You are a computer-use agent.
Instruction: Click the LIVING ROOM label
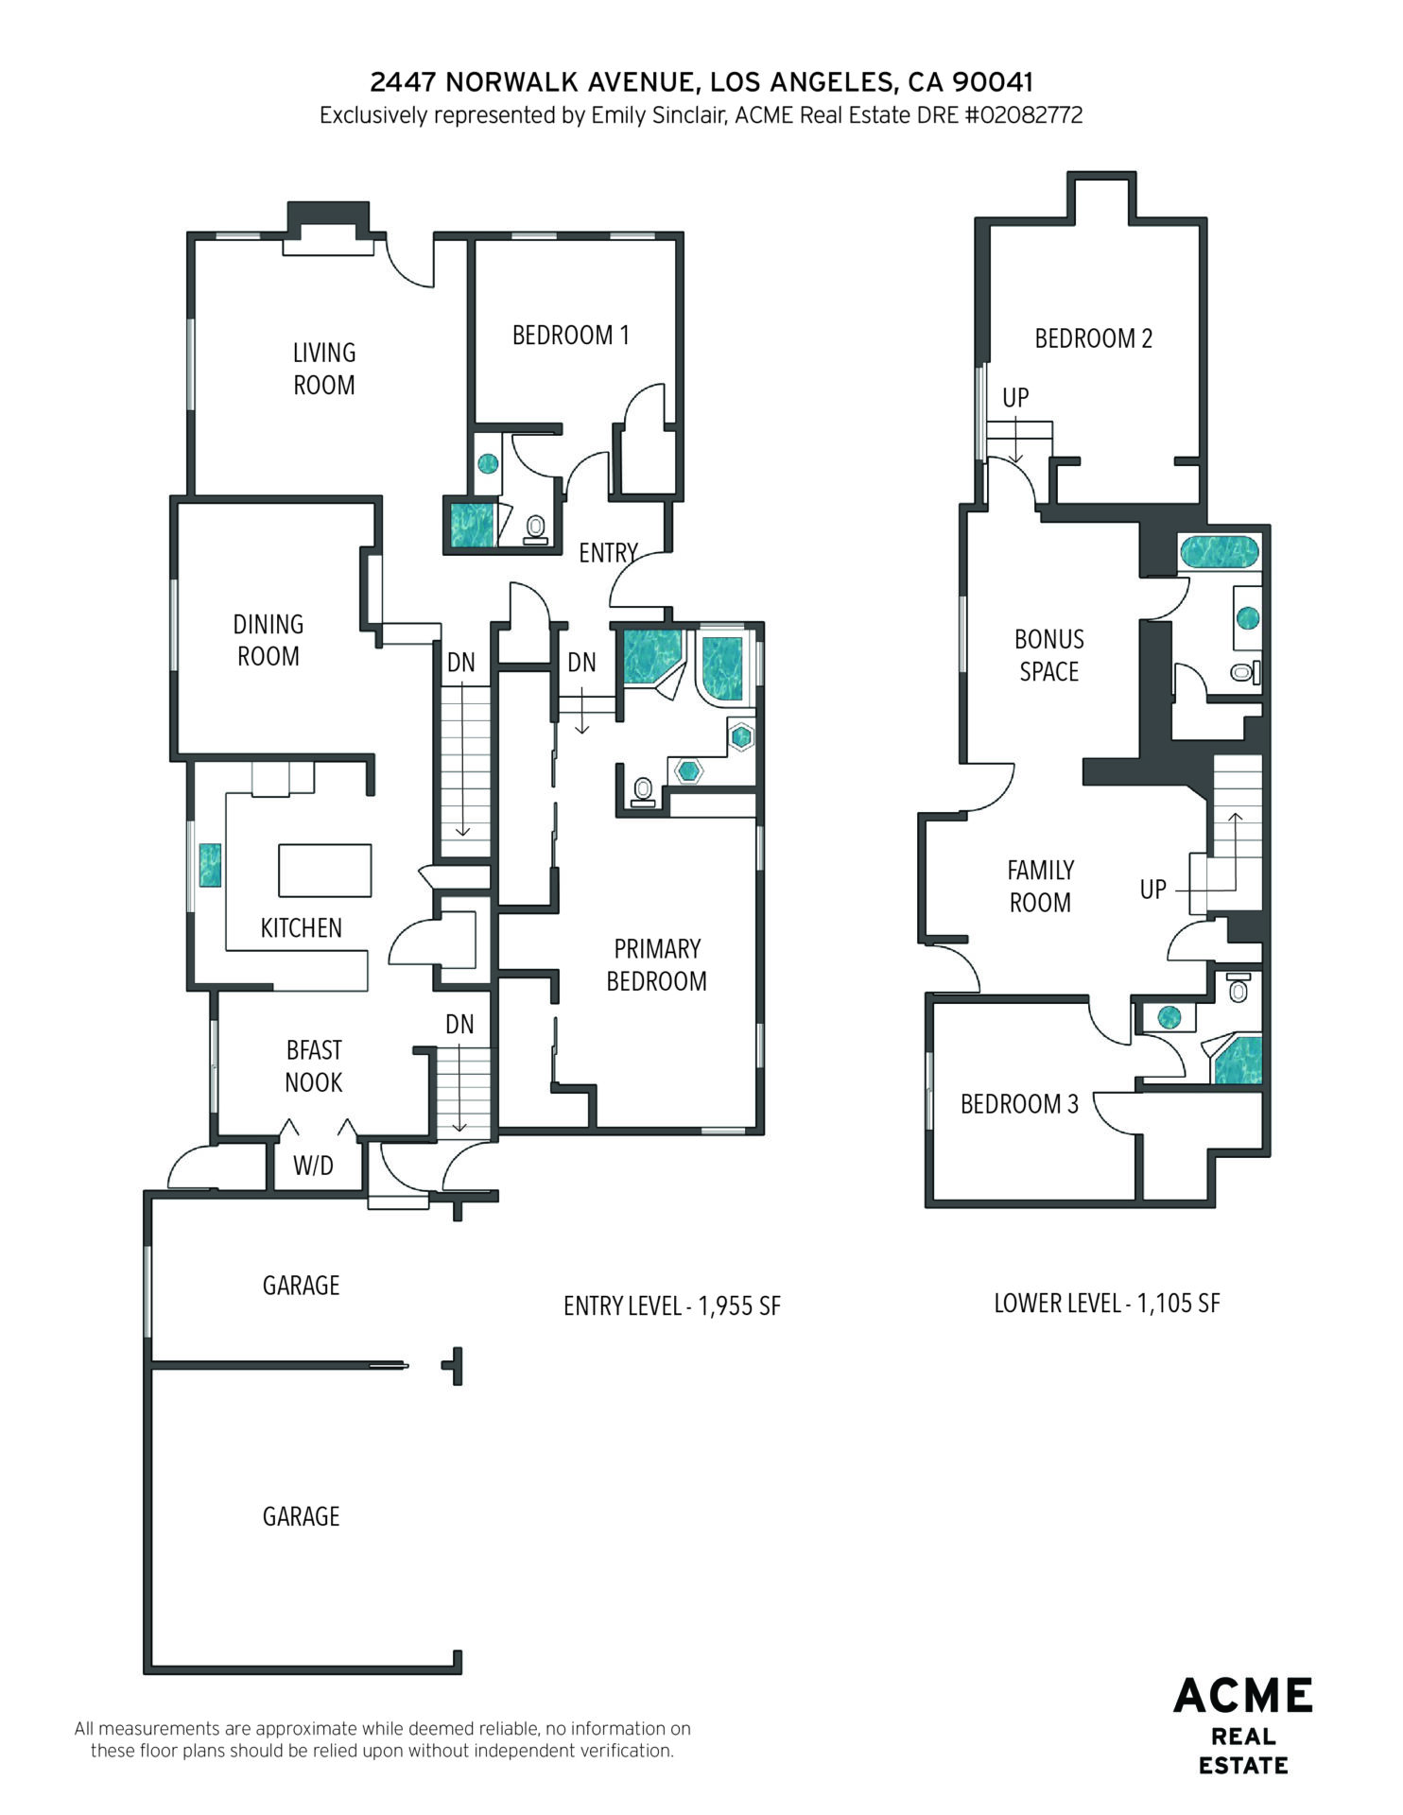[x=324, y=369]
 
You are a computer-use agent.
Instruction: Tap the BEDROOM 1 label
[x=570, y=335]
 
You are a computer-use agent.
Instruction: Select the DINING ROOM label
[x=268, y=640]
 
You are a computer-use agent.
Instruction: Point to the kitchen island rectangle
[x=324, y=870]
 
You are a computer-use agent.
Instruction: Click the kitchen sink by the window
[x=210, y=865]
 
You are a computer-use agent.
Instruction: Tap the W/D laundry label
[x=313, y=1166]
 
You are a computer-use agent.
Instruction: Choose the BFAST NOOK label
[x=314, y=1066]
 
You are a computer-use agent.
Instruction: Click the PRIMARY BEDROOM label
[x=656, y=965]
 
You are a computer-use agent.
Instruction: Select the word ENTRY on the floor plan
[x=608, y=553]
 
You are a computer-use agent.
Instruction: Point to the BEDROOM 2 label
[x=1094, y=338]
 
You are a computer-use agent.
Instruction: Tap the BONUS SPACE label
[x=1049, y=655]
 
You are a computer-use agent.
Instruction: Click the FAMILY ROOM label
[x=1040, y=887]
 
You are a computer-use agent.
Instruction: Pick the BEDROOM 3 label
[x=1019, y=1104]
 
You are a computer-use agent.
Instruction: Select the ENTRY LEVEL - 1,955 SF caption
[x=672, y=1306]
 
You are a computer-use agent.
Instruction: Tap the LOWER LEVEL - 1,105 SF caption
[x=1107, y=1304]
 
